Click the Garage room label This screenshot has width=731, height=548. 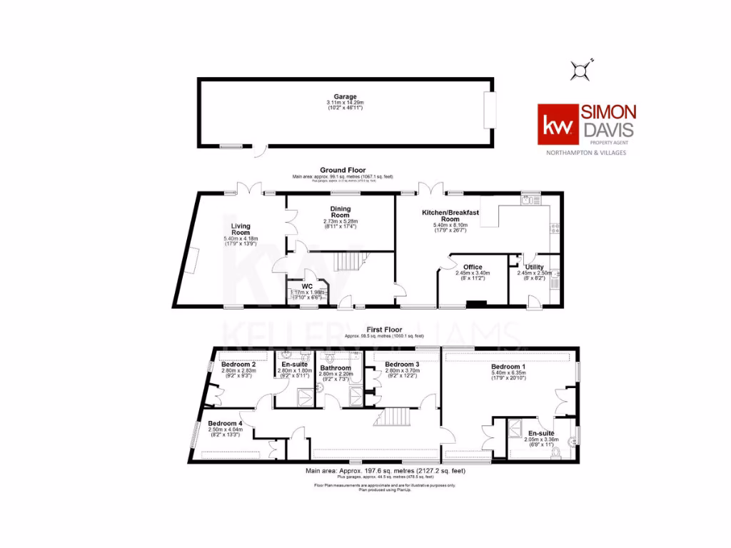tap(345, 97)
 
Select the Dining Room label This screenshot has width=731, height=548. tap(340, 212)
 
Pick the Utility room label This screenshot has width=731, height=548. tap(535, 268)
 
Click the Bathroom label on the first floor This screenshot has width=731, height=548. tap(335, 368)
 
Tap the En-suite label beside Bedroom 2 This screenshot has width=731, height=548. tap(291, 365)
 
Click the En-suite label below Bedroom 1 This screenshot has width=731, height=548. tap(540, 433)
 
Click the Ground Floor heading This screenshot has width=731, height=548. tap(342, 170)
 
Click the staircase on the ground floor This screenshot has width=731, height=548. tap(350, 263)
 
